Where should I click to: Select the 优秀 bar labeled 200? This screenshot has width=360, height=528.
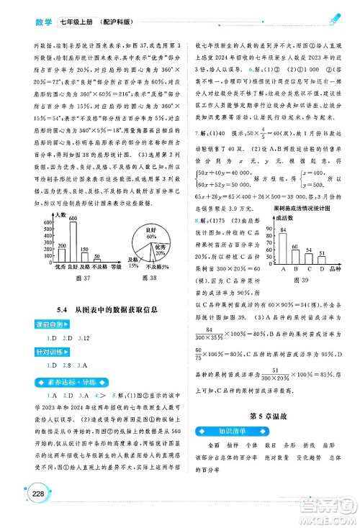pyautogui.click(x=61, y=255)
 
